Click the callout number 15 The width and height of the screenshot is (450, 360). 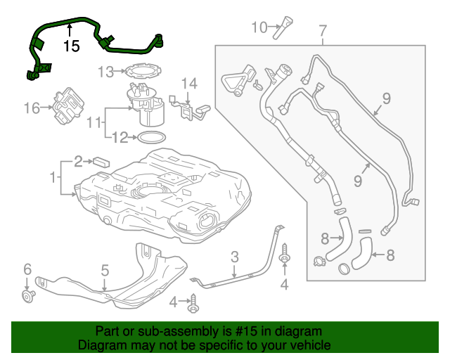pos(71,46)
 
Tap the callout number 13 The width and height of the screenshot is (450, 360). pos(105,72)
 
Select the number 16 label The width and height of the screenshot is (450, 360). pos(32,108)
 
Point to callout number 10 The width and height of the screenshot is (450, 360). pos(259,27)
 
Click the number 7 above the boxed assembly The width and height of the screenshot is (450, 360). pos(323,30)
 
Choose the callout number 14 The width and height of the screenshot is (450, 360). pos(189,84)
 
